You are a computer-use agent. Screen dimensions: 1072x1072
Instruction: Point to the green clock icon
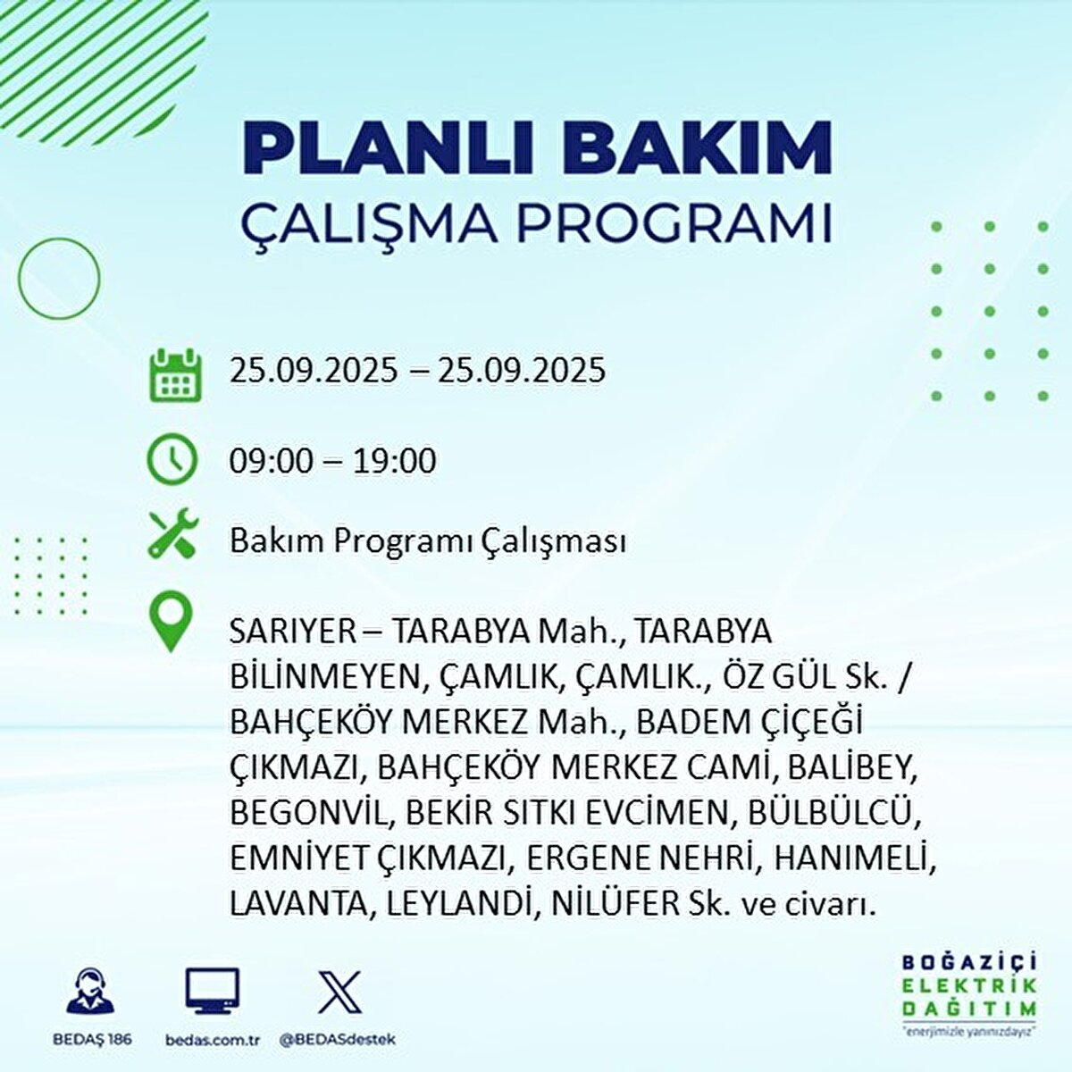[172, 460]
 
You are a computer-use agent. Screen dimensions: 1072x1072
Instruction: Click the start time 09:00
[271, 461]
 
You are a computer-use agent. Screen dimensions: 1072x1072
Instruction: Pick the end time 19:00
[393, 461]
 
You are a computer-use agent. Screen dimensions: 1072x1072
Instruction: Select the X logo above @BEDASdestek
[339, 992]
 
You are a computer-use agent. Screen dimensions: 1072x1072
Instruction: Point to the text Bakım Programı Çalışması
[427, 542]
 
